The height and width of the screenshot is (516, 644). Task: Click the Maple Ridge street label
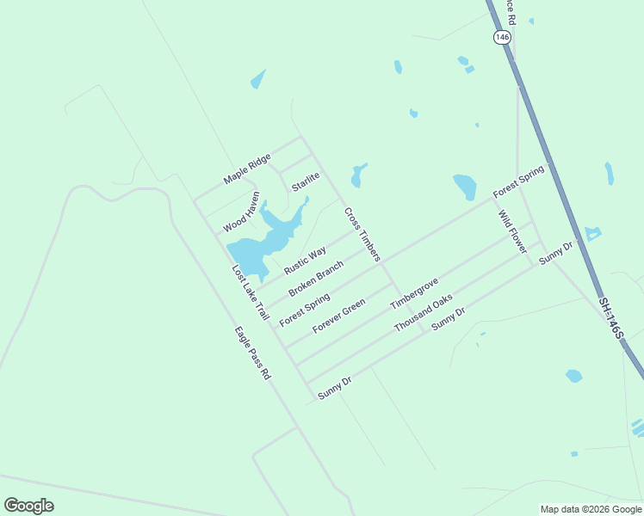coord(247,169)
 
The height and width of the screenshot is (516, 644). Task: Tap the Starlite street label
coord(306,182)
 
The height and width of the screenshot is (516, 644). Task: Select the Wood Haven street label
coord(241,212)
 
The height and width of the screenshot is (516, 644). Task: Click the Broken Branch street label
coord(316,279)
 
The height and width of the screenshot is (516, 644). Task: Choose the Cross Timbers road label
coord(362,234)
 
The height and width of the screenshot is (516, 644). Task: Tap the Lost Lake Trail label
coord(251,293)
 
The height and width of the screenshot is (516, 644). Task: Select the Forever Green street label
coord(339,316)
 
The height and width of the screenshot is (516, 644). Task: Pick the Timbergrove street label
coord(414,294)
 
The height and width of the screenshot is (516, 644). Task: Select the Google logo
coord(28,506)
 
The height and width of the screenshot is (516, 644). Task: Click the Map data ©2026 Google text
coord(591,509)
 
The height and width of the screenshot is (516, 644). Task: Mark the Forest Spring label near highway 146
coord(518,182)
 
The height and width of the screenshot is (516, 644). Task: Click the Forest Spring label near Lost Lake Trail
coord(305,309)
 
